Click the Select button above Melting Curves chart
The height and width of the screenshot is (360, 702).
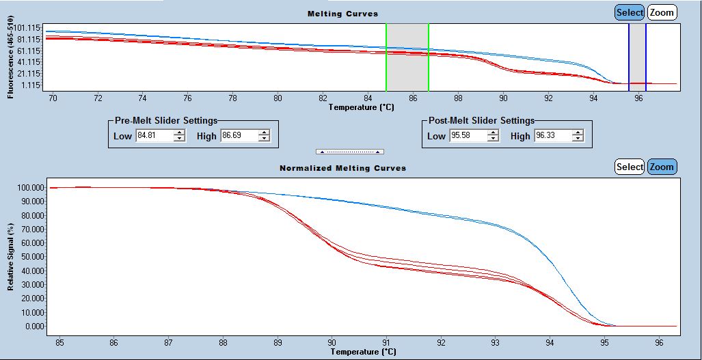629,12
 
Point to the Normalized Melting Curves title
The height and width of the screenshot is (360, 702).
342,168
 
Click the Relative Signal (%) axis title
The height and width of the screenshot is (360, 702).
11,256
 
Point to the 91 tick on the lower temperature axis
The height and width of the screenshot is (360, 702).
386,342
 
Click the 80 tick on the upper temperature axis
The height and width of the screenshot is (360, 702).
278,98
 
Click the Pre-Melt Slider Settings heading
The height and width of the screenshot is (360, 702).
166,121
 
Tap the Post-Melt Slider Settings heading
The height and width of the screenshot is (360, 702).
481,121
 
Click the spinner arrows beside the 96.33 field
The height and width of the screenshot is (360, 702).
578,136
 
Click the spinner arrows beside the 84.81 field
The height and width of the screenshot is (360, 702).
179,136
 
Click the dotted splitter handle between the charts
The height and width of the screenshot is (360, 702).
349,151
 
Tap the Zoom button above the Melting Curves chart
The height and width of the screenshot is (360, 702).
662,12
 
